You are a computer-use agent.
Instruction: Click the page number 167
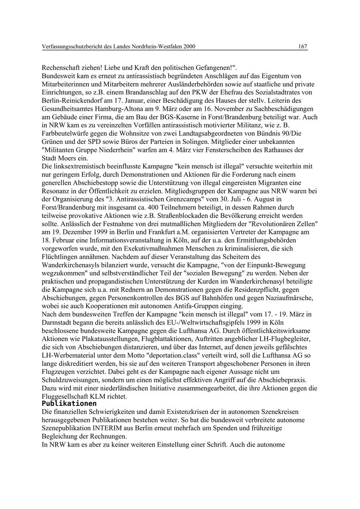click(x=303, y=47)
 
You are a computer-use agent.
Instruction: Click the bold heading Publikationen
click(x=69, y=403)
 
